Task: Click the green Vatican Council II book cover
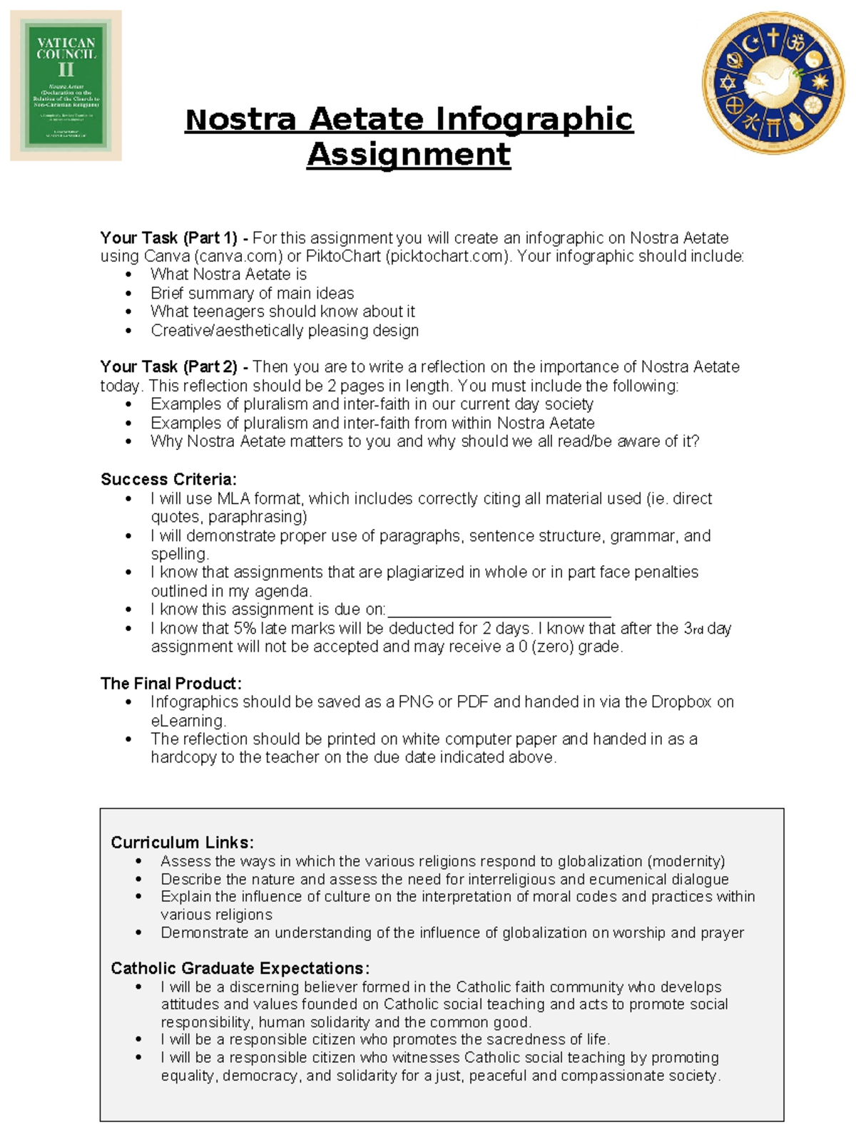click(x=66, y=86)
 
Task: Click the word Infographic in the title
click(x=534, y=119)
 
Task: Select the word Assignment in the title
click(x=409, y=154)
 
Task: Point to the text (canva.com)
click(x=233, y=257)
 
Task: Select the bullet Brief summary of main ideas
click(x=252, y=293)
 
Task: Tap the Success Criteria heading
click(x=168, y=479)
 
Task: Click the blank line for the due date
click(x=499, y=611)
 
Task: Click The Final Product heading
click(x=171, y=684)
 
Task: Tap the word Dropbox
click(x=681, y=702)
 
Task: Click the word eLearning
click(x=188, y=721)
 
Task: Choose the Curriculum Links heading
click(x=182, y=843)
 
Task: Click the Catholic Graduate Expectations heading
click(x=240, y=968)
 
